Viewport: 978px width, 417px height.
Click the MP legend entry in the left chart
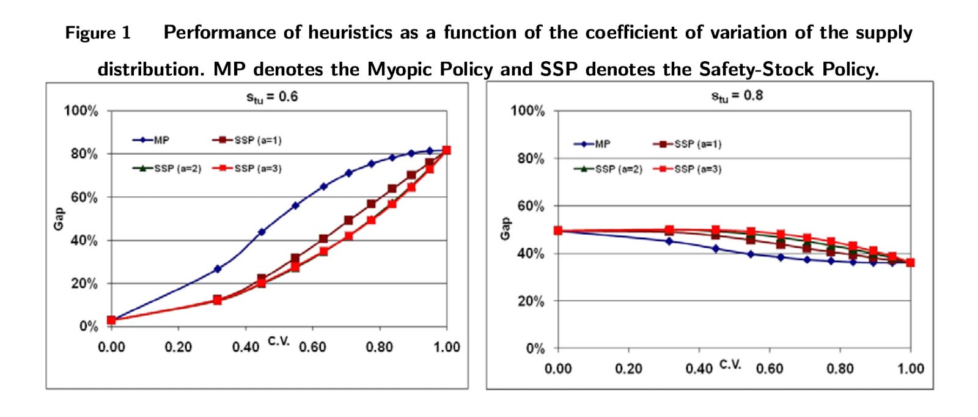152,140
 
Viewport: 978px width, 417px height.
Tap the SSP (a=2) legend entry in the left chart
167,168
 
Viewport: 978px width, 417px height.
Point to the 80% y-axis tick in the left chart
84,154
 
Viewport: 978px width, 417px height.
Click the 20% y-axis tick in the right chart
531,301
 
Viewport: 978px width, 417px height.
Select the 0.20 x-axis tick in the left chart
178,347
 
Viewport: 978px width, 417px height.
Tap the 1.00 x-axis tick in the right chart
910,369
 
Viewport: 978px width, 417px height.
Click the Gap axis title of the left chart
59,219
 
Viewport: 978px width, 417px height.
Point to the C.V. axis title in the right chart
730,364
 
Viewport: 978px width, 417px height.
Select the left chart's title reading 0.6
272,97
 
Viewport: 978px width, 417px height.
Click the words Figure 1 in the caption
98,32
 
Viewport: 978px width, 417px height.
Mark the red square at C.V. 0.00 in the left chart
111,320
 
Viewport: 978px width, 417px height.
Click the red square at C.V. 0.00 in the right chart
558,231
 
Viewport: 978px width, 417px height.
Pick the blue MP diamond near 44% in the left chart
262,232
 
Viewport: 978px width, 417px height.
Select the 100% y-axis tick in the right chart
528,111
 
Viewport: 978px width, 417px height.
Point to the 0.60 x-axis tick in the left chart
312,347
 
